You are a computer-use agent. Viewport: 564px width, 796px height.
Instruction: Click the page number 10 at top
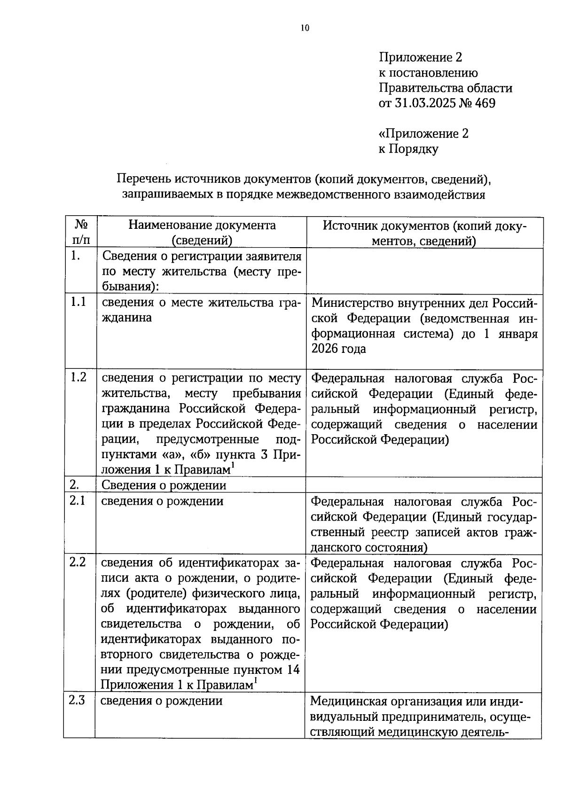click(305, 28)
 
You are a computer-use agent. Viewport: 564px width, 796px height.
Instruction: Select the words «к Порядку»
click(408, 149)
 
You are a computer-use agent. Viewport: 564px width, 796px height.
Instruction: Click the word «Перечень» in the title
click(143, 179)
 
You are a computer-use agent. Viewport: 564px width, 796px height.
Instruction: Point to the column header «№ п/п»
click(81, 233)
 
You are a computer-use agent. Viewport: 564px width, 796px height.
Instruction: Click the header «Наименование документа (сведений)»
click(202, 233)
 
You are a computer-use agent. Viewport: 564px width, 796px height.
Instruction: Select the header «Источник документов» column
click(424, 233)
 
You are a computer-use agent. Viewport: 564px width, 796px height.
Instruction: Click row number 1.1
click(78, 302)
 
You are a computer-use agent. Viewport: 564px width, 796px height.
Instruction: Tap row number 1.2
click(78, 377)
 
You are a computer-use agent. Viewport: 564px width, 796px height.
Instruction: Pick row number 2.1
click(78, 500)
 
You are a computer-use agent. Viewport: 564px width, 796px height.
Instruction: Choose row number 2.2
click(78, 562)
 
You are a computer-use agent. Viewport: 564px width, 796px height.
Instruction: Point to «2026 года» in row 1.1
click(338, 349)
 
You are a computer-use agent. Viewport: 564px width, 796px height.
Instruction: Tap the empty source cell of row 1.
click(424, 271)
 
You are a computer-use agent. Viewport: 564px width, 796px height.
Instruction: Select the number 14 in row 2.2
click(293, 670)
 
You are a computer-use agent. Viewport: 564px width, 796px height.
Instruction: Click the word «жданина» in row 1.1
click(127, 318)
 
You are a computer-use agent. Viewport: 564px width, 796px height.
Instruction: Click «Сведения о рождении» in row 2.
click(164, 485)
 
